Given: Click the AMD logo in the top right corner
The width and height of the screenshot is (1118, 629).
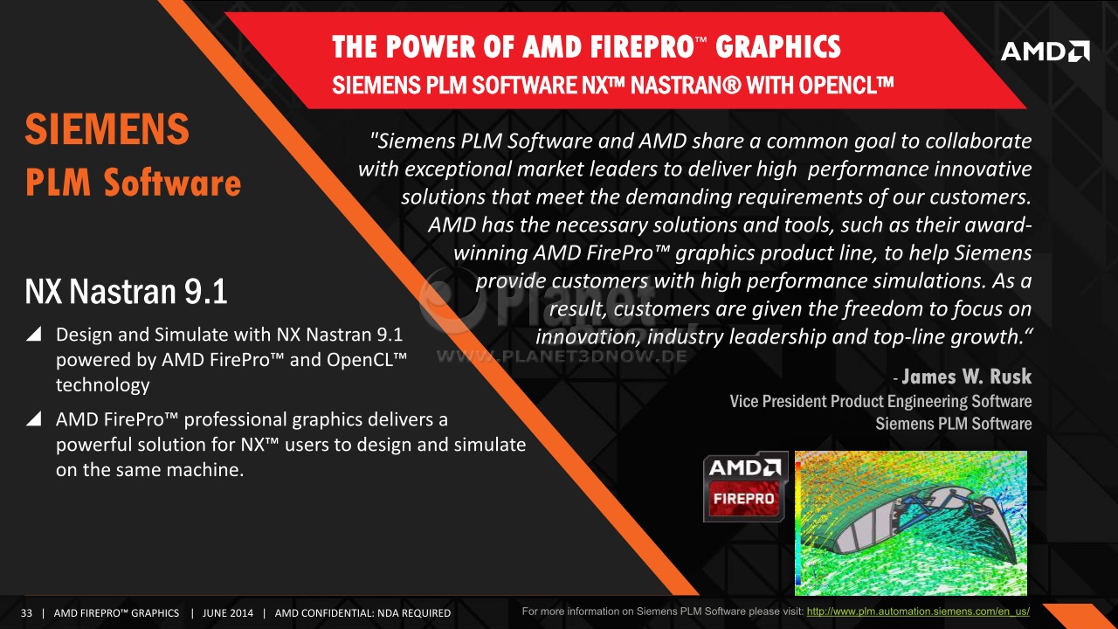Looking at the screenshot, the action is [x=1046, y=52].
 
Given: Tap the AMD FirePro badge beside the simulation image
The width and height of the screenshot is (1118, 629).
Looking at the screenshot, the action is [x=746, y=487].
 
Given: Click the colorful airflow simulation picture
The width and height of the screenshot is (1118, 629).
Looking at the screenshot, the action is [x=911, y=522].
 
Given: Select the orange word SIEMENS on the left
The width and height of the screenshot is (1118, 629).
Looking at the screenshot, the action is [x=107, y=128].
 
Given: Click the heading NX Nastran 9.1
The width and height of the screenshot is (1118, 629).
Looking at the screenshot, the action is [x=127, y=291].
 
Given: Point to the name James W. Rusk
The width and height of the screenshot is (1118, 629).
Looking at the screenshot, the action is [x=966, y=377].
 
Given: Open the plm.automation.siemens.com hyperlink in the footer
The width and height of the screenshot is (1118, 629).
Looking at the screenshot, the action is [x=918, y=612].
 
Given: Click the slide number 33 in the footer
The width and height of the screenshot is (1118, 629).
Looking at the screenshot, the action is [x=26, y=613].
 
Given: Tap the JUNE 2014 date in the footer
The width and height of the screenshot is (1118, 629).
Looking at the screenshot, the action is [x=228, y=613].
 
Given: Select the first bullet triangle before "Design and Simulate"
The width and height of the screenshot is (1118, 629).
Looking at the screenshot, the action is [x=34, y=334].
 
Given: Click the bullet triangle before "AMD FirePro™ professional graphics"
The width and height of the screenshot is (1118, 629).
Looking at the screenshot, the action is [x=34, y=418].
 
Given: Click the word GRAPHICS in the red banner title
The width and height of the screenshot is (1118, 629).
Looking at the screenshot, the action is [x=778, y=47].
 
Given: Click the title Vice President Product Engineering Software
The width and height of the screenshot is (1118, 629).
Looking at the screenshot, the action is [x=880, y=401].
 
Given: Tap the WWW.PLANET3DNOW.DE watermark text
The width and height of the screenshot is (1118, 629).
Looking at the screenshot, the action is [x=562, y=356].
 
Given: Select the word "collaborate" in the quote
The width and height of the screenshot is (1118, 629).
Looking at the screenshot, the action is [x=978, y=141].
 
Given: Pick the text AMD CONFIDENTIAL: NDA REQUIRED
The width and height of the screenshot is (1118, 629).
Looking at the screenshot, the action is [x=362, y=613].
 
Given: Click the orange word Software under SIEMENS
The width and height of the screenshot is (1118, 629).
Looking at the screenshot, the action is [x=173, y=182].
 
